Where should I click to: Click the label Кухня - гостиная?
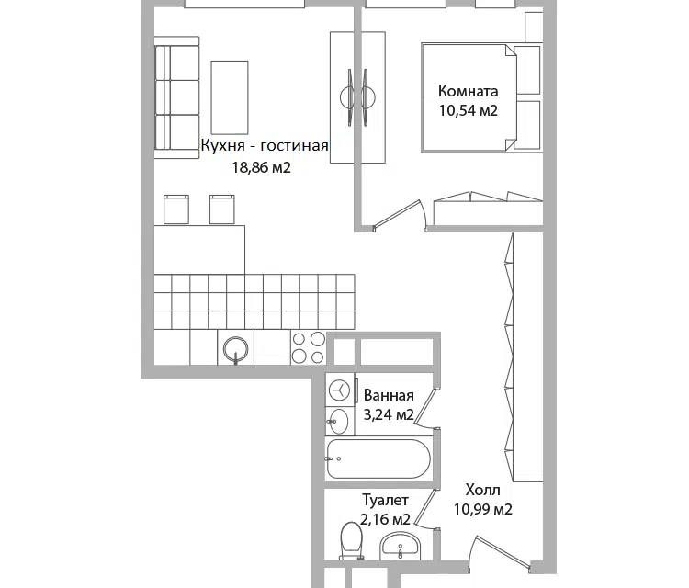265,145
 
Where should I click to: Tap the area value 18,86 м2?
262,167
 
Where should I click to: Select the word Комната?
468,91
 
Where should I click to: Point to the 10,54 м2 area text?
468,110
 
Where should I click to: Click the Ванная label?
389,395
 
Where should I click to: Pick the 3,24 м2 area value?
389,414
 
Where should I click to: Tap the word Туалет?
385,500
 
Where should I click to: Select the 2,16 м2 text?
385,519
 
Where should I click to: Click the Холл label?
482,490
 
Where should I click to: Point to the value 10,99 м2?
482,509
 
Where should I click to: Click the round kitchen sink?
235,349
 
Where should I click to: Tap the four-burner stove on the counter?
308,347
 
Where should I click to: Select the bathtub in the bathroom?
378,458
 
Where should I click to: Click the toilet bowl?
352,540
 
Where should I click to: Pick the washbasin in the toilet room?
400,546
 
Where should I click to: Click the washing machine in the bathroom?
339,390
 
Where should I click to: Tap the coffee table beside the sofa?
230,97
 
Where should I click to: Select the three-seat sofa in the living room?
177,97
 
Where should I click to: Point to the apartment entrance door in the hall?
501,555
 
